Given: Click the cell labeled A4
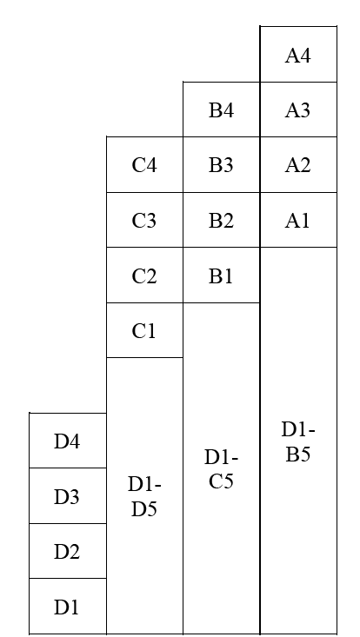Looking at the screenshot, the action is point(298,55).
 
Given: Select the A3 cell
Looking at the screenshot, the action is point(298,109).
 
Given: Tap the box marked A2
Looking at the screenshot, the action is point(298,164).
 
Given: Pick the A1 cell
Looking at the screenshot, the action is point(298,220).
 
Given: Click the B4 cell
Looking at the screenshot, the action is point(222,109).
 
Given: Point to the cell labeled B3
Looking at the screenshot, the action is point(222,164).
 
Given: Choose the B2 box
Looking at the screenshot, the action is point(222,220).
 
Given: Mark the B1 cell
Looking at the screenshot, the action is point(222,275).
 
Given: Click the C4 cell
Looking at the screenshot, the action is point(144,164).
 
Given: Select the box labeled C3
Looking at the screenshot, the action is point(144,220).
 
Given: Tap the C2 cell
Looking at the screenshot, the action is point(144,275).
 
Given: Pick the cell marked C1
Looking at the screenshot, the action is point(144,330).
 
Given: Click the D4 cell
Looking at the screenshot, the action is point(68,441).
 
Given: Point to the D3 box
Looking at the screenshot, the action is point(68,495).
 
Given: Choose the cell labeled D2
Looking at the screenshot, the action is point(68,551).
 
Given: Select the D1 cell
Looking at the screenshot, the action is point(68,606).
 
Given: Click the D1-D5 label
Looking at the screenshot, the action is point(144,496).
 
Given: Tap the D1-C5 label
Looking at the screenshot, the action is point(222,468).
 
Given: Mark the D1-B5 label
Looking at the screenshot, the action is point(298,441).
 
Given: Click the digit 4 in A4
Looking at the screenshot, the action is point(305,56).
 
